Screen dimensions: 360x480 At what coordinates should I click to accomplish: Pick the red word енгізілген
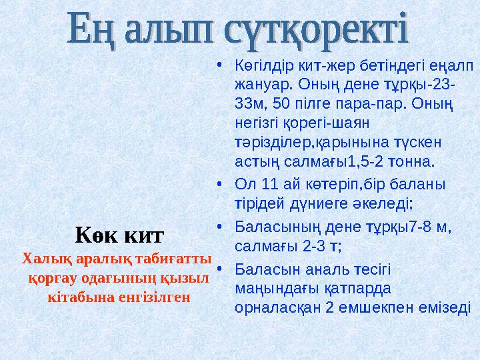point(155,295)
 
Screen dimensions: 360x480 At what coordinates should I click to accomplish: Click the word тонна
point(413,161)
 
